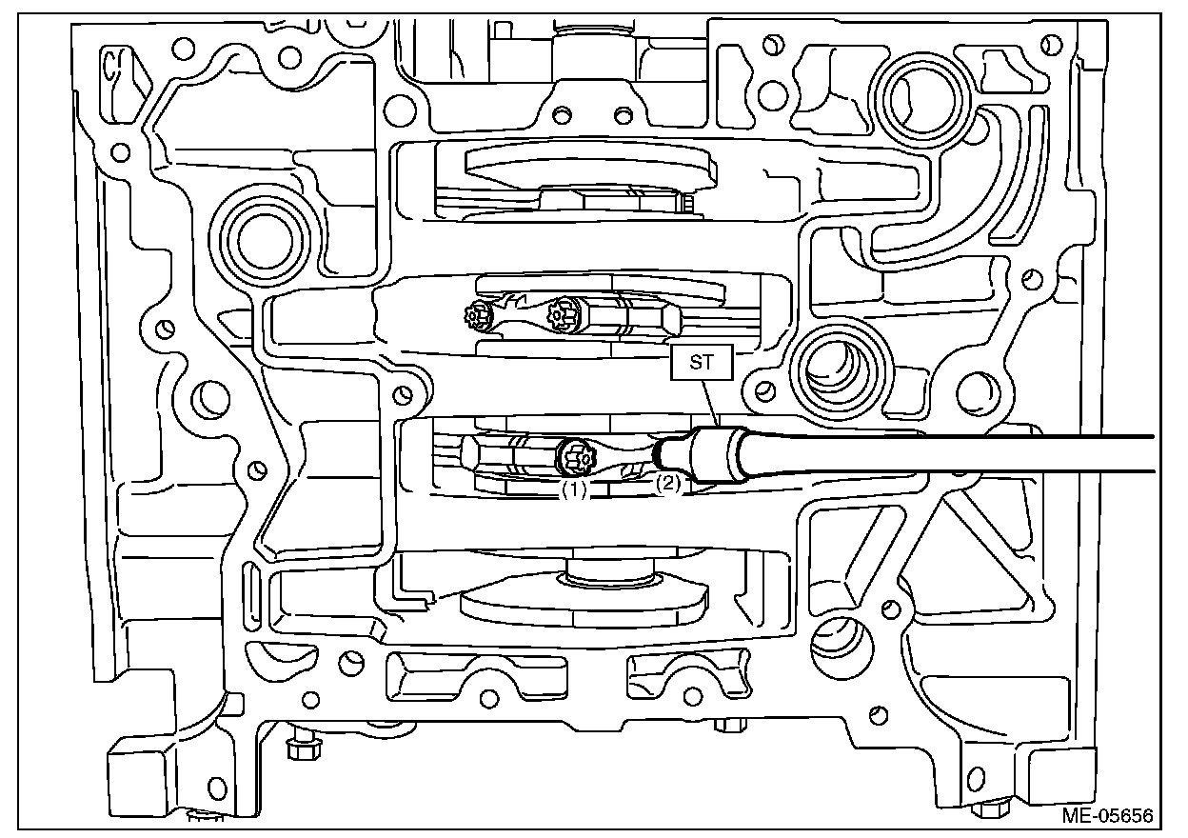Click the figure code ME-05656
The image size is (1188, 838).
click(x=1108, y=816)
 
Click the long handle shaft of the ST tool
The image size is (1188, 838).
click(x=952, y=453)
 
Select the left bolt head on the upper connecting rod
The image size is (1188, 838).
click(x=474, y=314)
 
